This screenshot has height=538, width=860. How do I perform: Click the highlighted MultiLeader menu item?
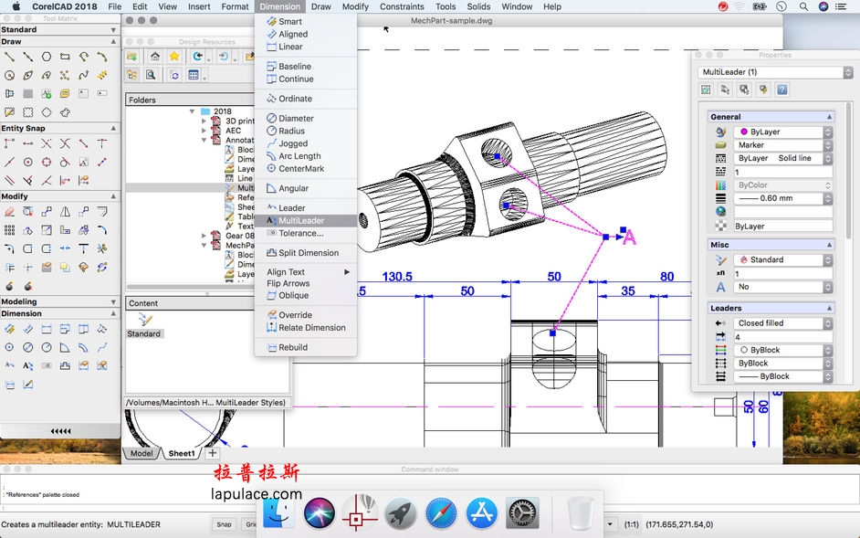click(300, 220)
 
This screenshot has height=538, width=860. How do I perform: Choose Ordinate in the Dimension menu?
click(295, 99)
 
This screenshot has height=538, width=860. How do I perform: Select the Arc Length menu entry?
click(299, 156)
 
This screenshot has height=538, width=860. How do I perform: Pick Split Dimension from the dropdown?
click(308, 253)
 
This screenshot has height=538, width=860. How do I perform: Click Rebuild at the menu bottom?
click(292, 347)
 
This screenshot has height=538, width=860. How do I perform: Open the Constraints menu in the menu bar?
click(402, 6)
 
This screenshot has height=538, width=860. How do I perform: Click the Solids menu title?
click(478, 6)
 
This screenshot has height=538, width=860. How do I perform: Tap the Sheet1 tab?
click(181, 453)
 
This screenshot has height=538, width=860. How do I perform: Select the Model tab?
click(142, 453)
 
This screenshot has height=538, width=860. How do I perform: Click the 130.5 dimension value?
click(397, 277)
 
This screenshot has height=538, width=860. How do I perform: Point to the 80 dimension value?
click(666, 277)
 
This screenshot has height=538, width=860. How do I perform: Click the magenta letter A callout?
click(628, 238)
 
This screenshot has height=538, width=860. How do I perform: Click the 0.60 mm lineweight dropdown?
click(782, 198)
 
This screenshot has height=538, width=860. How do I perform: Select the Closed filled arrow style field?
click(782, 323)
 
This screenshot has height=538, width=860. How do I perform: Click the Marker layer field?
click(782, 145)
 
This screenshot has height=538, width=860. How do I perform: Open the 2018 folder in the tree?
click(222, 111)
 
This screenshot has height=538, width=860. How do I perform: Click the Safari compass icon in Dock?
click(441, 513)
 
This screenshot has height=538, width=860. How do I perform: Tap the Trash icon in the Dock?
click(580, 513)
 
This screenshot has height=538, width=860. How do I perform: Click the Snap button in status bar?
click(224, 524)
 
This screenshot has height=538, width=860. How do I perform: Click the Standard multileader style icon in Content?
click(144, 321)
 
